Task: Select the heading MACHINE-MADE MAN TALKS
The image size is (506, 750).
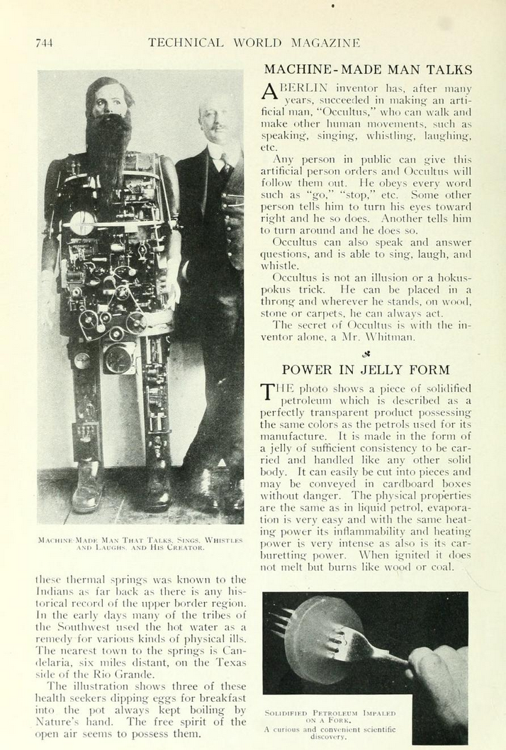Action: click(x=367, y=70)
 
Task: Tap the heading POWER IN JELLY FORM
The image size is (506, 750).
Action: click(x=367, y=370)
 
